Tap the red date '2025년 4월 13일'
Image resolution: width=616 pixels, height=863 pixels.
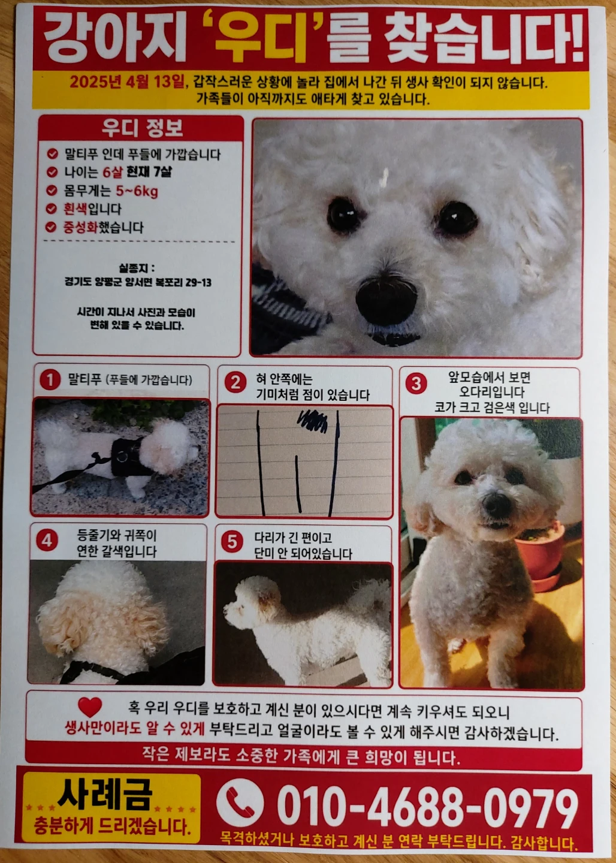(127, 82)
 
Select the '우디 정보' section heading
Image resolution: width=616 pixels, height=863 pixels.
(142, 128)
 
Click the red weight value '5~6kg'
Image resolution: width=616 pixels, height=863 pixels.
(137, 191)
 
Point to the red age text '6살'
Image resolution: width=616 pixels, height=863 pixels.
(113, 172)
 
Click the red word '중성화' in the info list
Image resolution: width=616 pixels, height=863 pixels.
(80, 227)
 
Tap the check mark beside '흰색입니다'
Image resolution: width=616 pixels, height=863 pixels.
(52, 209)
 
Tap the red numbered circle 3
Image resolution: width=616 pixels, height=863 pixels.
(416, 384)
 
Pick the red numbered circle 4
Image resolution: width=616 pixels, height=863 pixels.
(47, 541)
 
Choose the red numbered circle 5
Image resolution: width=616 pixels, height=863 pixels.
(232, 542)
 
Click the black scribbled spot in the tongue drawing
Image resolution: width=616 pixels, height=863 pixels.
(312, 421)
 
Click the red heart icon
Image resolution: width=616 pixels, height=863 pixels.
(90, 705)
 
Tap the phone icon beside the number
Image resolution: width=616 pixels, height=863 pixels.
(240, 802)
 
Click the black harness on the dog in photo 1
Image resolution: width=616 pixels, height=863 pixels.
(129, 457)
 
